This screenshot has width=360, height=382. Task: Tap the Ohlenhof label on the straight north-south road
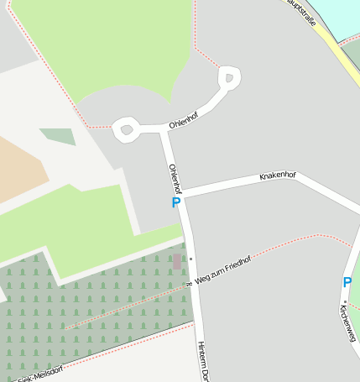175,178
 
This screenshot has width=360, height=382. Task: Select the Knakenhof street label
278,176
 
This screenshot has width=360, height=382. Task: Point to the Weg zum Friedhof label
222,267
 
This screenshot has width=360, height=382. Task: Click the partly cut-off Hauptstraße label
302,12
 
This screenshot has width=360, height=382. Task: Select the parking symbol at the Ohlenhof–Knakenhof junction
175,202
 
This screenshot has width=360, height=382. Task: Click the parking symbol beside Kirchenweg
347,283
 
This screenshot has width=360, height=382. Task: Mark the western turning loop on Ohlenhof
127,129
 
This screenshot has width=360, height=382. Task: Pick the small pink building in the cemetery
177,261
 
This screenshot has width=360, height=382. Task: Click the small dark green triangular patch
58,136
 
